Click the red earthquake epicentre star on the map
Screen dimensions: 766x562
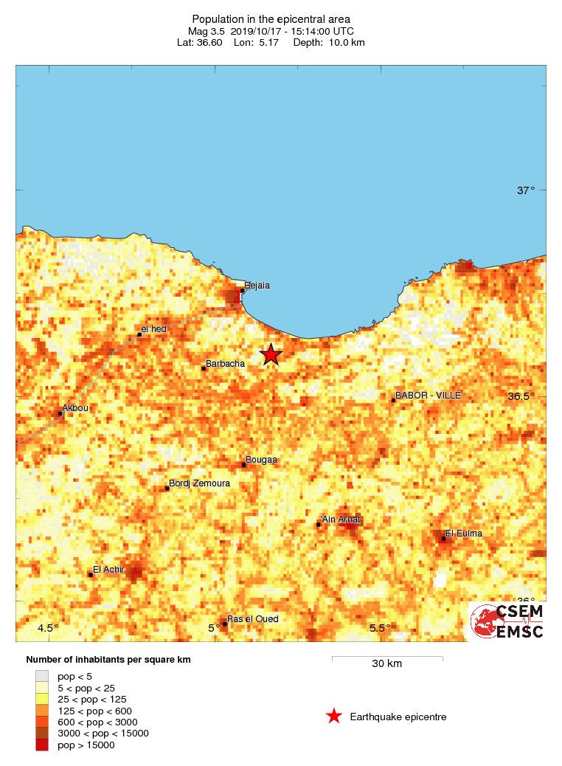271,354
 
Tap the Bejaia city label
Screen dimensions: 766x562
257,285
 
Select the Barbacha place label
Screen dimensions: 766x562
226,363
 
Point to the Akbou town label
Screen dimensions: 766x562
74,407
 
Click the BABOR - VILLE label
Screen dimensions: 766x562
428,396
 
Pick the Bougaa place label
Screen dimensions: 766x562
261,460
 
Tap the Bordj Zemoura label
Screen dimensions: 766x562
199,483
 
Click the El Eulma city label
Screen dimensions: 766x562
464,534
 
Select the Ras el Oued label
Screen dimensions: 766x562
252,619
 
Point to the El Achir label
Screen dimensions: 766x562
108,569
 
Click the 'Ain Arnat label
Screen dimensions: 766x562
341,520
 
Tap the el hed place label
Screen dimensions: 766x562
154,329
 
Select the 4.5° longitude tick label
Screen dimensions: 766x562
48,628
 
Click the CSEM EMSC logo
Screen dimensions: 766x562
507,621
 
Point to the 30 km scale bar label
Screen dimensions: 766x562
386,664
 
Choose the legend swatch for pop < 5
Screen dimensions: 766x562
42,676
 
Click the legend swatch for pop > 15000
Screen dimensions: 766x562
42,745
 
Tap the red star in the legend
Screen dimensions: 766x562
334,717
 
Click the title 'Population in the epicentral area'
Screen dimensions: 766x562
271,19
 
